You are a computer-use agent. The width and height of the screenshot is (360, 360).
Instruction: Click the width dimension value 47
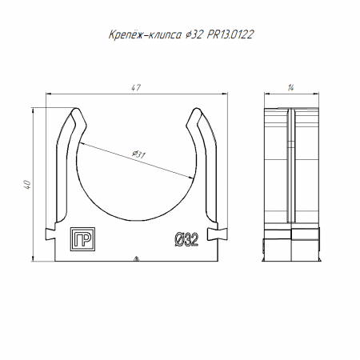(136, 88)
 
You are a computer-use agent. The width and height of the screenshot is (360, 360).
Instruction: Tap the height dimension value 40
(27, 185)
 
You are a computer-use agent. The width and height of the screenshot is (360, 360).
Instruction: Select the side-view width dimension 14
(290, 88)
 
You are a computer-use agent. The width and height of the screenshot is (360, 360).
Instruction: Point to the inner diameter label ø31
(138, 154)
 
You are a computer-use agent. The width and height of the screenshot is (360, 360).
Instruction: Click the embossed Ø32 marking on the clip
(186, 239)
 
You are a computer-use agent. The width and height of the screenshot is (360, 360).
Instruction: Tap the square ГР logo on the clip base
(82, 239)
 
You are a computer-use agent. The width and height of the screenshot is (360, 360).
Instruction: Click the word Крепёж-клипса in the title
(145, 34)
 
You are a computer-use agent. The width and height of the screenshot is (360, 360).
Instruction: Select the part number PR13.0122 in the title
(230, 34)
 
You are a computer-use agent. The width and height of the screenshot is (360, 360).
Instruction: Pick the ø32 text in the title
(194, 34)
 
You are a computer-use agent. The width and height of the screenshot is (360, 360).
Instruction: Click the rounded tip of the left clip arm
(76, 110)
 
